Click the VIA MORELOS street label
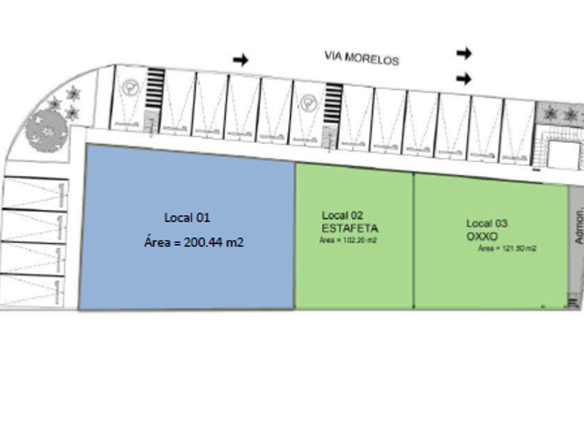pos(362,58)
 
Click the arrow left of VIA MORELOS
pos(241,60)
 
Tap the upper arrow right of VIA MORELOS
pos(464,53)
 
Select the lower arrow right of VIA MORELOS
pos(464,79)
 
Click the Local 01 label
pos(187,218)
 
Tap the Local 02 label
pos(342,216)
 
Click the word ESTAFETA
pos(350,227)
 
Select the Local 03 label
pos(487,223)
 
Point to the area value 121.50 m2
pos(506,248)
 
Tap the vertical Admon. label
pos(578,226)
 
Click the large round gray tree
pos(45,129)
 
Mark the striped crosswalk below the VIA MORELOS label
pos(334,104)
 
